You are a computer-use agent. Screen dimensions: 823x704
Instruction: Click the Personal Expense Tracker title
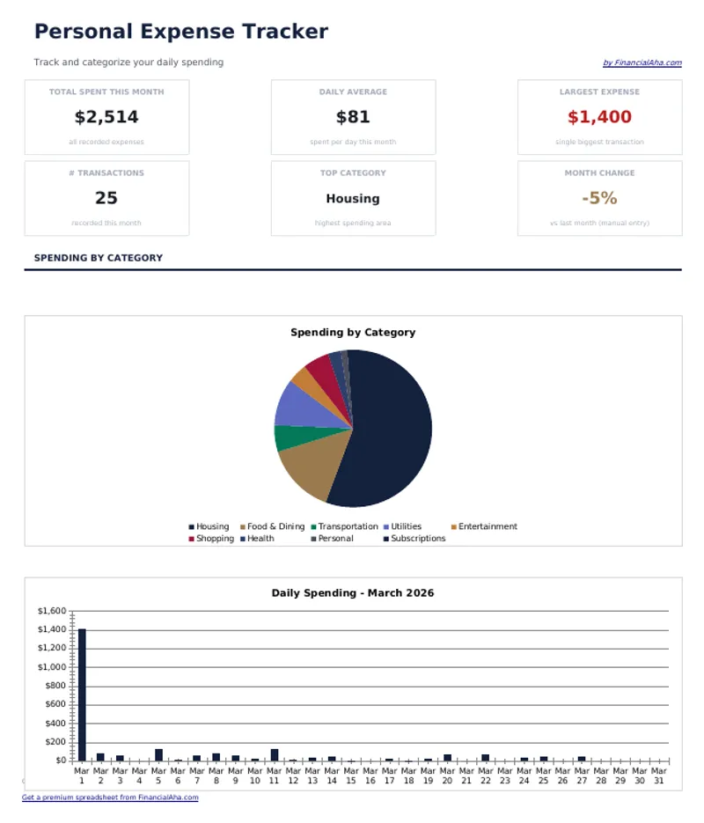pyautogui.click(x=180, y=32)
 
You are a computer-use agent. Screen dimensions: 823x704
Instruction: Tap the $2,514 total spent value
pyautogui.click(x=106, y=117)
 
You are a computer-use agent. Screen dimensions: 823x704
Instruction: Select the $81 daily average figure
pyautogui.click(x=353, y=117)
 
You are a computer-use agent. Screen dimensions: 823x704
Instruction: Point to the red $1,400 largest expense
pyautogui.click(x=599, y=117)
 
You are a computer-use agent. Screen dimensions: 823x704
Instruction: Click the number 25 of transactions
pyautogui.click(x=106, y=198)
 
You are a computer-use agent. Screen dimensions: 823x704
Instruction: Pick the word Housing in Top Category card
pyautogui.click(x=353, y=199)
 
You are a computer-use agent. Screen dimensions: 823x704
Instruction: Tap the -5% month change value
pyautogui.click(x=599, y=198)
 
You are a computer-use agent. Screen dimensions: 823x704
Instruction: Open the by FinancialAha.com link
pyautogui.click(x=642, y=63)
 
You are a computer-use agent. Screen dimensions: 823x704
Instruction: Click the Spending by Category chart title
pyautogui.click(x=353, y=333)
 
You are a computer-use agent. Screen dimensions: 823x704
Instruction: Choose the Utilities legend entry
pyautogui.click(x=406, y=526)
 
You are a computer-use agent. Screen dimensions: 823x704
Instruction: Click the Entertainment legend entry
pyautogui.click(x=487, y=526)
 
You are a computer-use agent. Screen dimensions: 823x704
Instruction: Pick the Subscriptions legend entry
pyautogui.click(x=417, y=539)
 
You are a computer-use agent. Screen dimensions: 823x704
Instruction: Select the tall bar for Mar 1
pyautogui.click(x=82, y=695)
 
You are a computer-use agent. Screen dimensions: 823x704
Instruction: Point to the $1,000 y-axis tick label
pyautogui.click(x=52, y=667)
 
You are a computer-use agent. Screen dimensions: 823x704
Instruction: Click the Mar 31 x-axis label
pyautogui.click(x=660, y=775)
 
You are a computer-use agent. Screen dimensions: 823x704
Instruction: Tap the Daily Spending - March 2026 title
pyautogui.click(x=353, y=593)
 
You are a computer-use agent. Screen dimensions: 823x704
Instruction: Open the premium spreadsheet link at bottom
pyautogui.click(x=110, y=797)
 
